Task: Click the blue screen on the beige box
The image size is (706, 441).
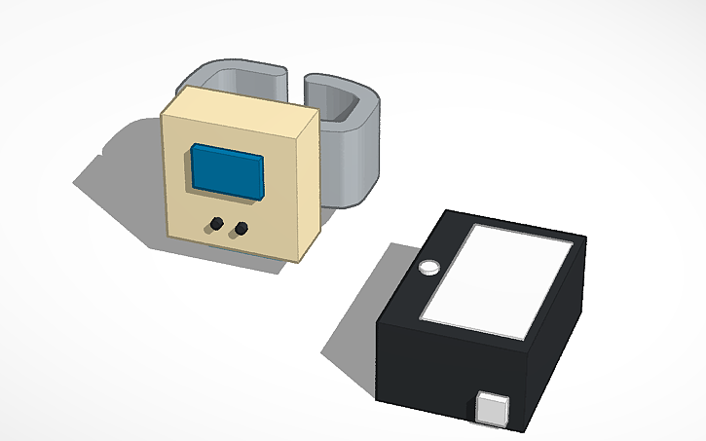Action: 227,172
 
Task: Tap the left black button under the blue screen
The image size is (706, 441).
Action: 212,226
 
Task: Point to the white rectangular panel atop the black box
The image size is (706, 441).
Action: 497,282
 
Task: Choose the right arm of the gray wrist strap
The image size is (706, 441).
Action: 355,146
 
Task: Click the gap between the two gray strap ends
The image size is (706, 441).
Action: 299,83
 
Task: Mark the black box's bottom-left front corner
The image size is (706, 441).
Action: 379,395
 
